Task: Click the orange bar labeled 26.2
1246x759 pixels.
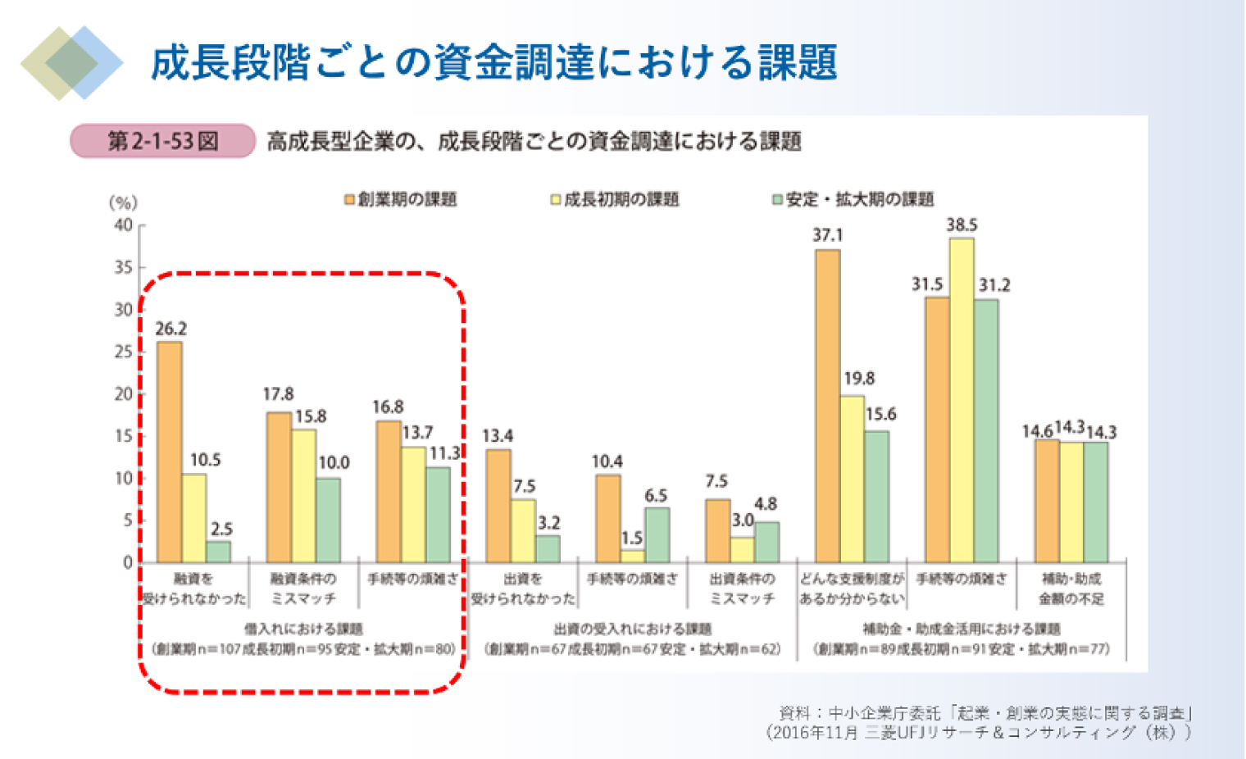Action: click(170, 452)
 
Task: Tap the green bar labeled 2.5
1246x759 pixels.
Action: click(218, 552)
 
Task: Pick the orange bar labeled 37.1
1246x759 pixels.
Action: click(827, 406)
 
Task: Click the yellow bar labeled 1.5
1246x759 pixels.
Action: click(632, 557)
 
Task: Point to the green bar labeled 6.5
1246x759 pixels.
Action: click(657, 534)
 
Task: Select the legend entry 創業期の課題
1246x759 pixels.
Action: click(401, 199)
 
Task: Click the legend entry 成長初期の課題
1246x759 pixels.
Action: click(615, 199)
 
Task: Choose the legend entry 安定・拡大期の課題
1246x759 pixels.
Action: click(853, 199)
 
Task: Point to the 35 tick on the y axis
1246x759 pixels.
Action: click(124, 267)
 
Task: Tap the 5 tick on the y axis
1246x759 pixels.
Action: click(128, 520)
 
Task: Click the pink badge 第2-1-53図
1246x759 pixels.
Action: click(163, 141)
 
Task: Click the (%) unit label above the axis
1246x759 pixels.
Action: click(123, 202)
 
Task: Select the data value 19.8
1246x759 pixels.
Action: click(859, 379)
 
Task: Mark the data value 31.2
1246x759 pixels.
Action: click(994, 285)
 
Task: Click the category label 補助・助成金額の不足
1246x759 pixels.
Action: click(1071, 589)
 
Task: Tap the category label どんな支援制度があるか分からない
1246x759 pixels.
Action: click(852, 589)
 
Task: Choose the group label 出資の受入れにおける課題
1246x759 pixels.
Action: click(632, 629)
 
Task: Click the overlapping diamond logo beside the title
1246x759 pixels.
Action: click(72, 63)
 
